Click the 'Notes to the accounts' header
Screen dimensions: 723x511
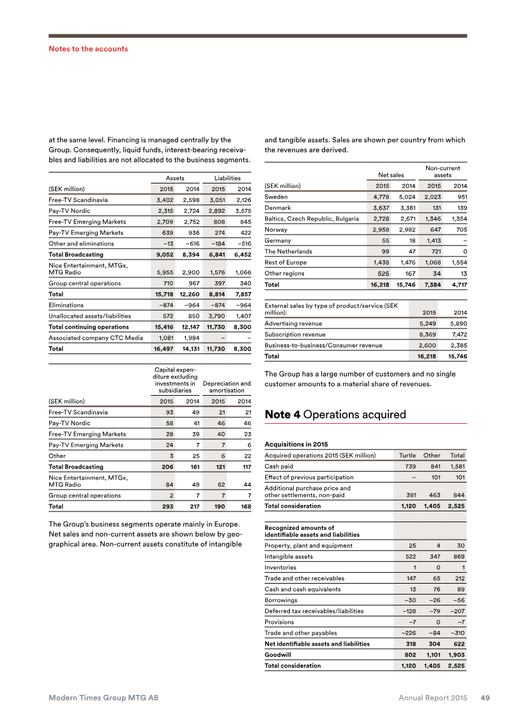(88, 49)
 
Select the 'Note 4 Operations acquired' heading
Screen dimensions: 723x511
(335, 415)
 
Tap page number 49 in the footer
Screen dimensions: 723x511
(485, 698)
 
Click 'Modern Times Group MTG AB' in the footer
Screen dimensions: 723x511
(103, 698)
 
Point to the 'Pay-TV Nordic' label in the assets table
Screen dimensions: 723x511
(70, 210)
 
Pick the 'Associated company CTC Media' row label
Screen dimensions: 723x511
(95, 338)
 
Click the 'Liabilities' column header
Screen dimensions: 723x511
(227, 178)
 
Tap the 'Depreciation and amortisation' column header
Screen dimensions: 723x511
(227, 386)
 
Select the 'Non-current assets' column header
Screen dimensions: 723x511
(442, 171)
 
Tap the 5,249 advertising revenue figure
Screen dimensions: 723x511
(427, 323)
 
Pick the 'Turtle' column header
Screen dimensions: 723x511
(408, 455)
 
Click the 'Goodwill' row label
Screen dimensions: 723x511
(278, 655)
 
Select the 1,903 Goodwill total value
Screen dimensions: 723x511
(455, 655)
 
